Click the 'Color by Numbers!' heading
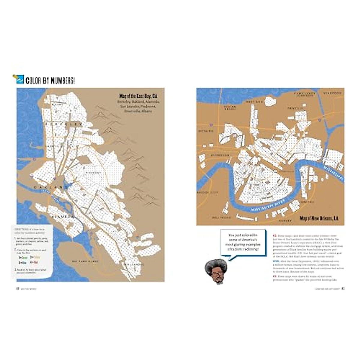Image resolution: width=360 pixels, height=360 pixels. point(50,80)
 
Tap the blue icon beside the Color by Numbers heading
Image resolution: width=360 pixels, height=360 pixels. point(20,79)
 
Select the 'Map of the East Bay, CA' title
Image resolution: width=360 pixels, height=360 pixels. point(138,96)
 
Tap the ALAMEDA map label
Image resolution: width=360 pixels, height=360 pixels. point(62,216)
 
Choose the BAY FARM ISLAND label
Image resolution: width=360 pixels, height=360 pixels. point(85,261)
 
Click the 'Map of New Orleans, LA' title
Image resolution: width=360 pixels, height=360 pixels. point(319,219)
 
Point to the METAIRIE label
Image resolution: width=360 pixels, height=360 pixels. point(206,131)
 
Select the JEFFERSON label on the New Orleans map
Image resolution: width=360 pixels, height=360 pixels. point(220,155)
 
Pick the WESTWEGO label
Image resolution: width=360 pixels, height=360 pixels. point(221,217)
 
